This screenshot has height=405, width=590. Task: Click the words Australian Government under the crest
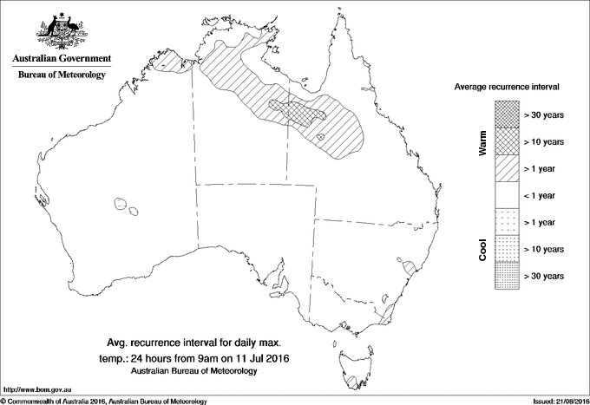tap(61, 60)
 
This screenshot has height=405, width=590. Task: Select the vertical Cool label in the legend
tap(483, 248)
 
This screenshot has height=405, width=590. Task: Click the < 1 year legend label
tap(543, 195)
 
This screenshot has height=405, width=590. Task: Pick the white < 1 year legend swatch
tap(508, 195)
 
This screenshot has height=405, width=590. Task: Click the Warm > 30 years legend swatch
tap(508, 114)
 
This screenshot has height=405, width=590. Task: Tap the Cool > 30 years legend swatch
tap(508, 276)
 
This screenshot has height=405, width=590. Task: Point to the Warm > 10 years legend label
tap(545, 141)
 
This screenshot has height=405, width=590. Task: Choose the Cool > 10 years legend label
tap(545, 250)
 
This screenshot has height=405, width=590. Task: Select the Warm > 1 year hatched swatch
tap(508, 168)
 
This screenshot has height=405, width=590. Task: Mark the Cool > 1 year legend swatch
tap(508, 222)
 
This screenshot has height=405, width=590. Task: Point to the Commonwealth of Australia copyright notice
tap(104, 401)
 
